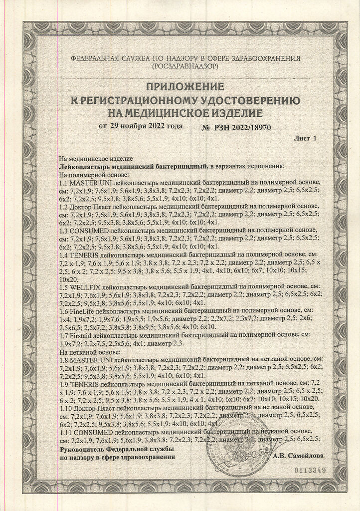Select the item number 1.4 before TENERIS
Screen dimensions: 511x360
[x=64, y=255]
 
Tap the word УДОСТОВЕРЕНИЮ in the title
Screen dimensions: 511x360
[x=244, y=101]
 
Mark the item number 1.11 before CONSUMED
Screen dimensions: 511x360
[x=66, y=431]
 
